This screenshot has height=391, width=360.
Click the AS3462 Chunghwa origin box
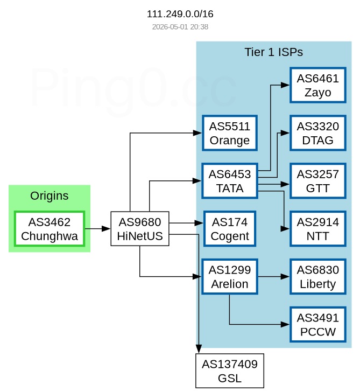(50, 229)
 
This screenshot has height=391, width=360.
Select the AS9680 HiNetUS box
(140, 229)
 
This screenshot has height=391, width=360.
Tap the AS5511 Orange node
(229, 133)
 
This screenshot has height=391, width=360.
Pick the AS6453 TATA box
(229, 181)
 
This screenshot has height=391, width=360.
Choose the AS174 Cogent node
(229, 229)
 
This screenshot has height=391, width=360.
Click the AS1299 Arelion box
(229, 276)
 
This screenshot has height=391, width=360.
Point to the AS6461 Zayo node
(318, 85)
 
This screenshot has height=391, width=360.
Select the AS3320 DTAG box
(318, 133)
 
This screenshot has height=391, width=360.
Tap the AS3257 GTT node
(318, 181)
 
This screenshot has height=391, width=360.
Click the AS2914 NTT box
(318, 229)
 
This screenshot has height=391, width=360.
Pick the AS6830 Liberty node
(318, 276)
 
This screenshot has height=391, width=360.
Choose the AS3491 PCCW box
(318, 324)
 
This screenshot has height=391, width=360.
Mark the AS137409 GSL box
(229, 371)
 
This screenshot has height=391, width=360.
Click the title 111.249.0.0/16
(180, 14)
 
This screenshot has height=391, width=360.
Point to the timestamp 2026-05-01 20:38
(180, 27)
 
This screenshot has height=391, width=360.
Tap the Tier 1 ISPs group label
(273, 52)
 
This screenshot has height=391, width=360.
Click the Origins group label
(50, 195)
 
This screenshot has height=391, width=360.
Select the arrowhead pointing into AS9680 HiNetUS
(106, 229)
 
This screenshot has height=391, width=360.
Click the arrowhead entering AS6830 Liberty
(285, 276)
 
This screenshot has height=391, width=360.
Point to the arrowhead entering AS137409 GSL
(199, 349)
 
